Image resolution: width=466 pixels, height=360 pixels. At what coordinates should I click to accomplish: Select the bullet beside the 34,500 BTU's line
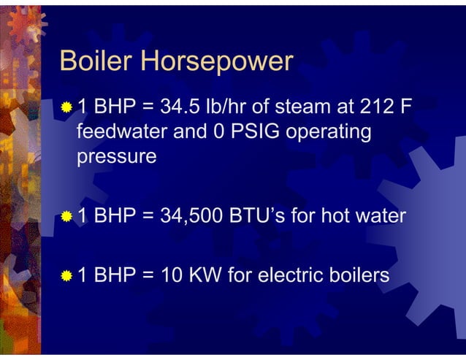[67, 217]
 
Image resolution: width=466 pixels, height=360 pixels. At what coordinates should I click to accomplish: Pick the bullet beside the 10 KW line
[67, 276]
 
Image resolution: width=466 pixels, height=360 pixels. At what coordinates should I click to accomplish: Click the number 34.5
[180, 108]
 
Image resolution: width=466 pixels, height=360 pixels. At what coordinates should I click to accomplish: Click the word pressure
[117, 158]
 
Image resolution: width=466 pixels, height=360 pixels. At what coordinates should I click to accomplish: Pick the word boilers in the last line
[357, 275]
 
